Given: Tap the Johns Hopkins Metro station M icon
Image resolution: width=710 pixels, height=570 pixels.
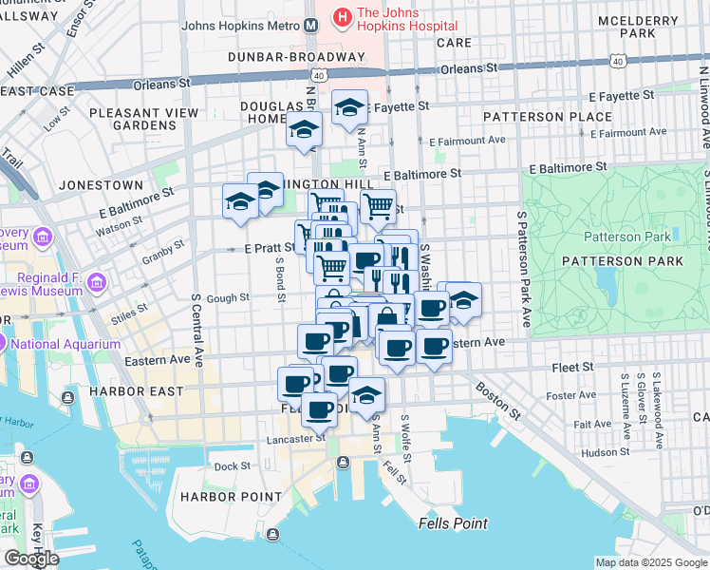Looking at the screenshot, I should pos(311,27).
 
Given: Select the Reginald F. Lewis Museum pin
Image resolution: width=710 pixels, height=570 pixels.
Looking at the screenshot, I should pos(95,282).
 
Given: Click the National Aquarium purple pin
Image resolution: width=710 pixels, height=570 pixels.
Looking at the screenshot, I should pos(4,344).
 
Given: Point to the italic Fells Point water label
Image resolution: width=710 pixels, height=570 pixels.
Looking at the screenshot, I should pos(453,523).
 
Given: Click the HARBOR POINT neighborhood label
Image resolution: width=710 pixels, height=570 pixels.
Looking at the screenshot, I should pos(220,497).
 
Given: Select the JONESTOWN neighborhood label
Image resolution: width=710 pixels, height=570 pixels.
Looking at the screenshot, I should pos(100,185).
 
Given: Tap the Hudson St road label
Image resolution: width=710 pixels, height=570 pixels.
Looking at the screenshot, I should pos(599,453).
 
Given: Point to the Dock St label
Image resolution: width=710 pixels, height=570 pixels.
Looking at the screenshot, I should pos(232,466).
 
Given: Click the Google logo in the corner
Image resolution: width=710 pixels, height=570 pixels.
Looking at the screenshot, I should pos(31,559).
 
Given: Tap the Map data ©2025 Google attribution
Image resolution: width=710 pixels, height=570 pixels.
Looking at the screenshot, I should pos(650,562).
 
